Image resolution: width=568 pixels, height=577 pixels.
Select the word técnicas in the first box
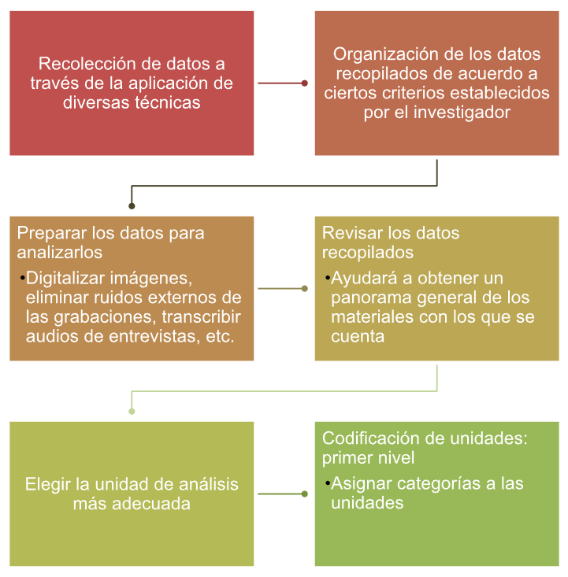[167, 102]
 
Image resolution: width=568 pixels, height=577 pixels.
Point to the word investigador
[462, 113]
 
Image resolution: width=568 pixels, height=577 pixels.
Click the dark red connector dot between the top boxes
[304, 83]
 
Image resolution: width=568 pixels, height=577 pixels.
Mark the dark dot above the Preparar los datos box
[132, 206]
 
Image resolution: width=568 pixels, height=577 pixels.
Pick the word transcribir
[202, 316]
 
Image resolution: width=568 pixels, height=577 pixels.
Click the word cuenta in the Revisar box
[358, 337]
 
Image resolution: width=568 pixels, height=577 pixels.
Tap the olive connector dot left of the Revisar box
[304, 288]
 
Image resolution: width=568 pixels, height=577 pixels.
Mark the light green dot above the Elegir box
[132, 412]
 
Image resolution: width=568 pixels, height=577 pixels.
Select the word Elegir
[48, 485]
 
